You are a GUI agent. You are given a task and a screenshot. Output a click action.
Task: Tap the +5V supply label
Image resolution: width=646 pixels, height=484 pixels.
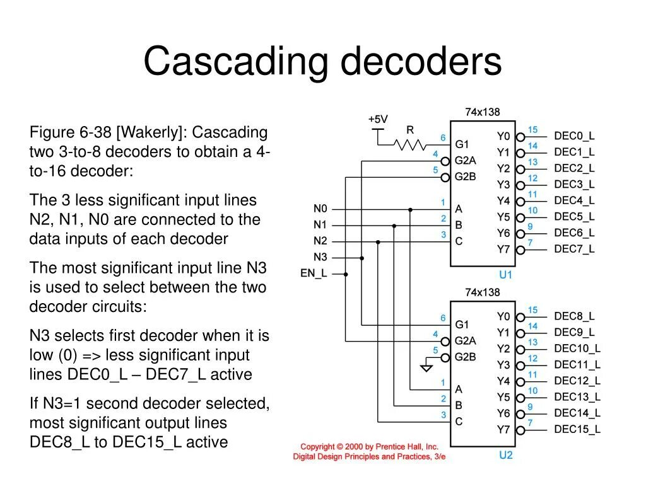click(378, 119)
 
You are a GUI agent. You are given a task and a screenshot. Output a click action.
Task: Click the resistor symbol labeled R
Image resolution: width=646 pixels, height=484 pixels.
click(410, 144)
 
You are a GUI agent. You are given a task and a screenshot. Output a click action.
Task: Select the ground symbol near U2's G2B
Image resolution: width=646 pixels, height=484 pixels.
click(426, 367)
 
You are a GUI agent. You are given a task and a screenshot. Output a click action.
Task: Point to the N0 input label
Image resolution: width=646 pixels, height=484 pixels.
click(320, 209)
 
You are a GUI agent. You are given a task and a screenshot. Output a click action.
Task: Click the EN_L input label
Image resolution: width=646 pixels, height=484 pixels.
click(314, 274)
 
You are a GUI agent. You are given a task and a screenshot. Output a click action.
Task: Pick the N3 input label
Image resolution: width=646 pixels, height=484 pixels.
click(320, 257)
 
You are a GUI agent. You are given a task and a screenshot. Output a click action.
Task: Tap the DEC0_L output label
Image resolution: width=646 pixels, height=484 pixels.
click(574, 136)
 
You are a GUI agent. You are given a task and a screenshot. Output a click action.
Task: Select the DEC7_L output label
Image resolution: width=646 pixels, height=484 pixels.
click(574, 249)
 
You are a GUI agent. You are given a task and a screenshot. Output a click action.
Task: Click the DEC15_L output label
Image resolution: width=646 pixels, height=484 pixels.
click(577, 430)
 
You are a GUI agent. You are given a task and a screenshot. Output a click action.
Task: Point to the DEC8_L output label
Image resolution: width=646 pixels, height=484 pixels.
click(574, 316)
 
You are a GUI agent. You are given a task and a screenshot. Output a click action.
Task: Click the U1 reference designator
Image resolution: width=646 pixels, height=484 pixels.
click(506, 275)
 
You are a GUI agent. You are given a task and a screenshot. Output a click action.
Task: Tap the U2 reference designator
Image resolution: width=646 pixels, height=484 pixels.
click(506, 455)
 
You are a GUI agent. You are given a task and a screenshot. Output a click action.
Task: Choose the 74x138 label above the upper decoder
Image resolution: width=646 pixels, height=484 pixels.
click(482, 112)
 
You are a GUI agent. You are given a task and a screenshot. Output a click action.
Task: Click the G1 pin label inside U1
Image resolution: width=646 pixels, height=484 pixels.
click(462, 144)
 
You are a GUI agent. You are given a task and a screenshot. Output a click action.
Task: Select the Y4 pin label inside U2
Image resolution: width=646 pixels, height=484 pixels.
click(503, 381)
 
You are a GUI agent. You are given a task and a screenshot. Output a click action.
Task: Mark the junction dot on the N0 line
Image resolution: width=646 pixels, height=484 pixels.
click(410, 209)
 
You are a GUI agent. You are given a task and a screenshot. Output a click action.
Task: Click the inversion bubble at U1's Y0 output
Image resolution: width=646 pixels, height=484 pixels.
click(520, 136)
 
